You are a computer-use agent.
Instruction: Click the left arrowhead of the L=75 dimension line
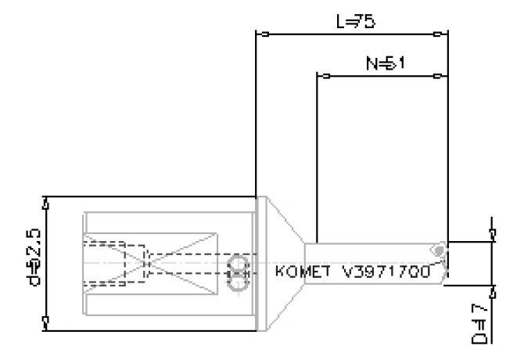click(x=264, y=34)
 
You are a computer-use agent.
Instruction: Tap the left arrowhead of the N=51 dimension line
click(x=324, y=76)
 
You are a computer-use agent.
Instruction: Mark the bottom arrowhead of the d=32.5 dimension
click(x=46, y=322)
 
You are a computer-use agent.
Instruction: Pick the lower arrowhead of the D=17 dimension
click(x=491, y=293)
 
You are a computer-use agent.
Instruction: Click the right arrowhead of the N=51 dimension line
click(x=440, y=76)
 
